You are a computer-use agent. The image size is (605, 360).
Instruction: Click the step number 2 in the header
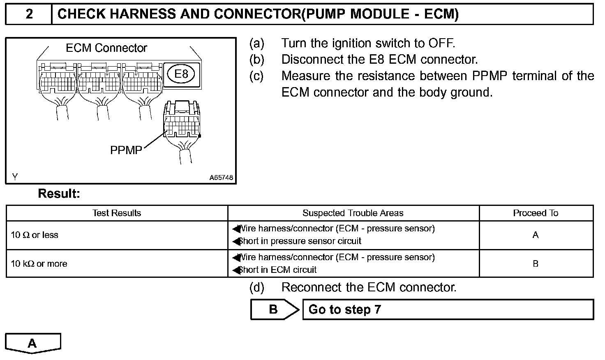point(29,14)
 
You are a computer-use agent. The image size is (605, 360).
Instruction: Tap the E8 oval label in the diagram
point(181,74)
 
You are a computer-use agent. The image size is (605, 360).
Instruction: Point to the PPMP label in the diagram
point(126,150)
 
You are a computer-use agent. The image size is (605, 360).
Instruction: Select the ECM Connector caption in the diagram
point(106,48)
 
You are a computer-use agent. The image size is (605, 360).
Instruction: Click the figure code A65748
point(221,178)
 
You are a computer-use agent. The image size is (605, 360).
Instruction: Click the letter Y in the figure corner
point(15,177)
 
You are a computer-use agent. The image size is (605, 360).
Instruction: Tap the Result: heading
point(59,194)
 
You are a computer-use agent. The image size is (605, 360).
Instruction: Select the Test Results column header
point(117,213)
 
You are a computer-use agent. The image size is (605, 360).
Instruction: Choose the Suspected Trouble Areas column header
point(353,213)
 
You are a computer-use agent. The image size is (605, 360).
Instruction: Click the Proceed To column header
point(535,213)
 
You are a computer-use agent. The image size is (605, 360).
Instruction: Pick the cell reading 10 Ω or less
point(35,235)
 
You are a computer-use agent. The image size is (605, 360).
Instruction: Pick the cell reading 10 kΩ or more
point(39,264)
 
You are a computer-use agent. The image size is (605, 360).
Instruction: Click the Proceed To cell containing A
point(535,235)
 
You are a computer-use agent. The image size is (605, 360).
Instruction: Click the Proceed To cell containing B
point(535,264)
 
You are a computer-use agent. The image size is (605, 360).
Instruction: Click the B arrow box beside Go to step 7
point(273,309)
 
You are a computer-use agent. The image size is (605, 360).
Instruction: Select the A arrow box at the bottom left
point(32,343)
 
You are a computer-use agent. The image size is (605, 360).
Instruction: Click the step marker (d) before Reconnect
point(257,287)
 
